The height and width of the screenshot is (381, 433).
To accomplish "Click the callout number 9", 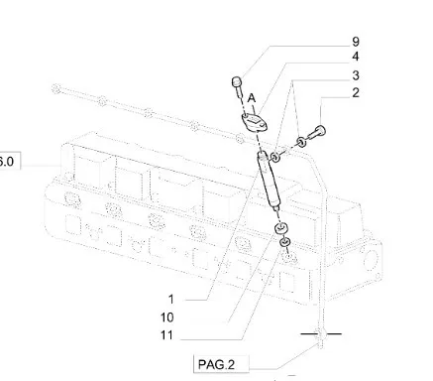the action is [356, 42].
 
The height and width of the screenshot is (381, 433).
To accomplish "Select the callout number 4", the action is [356, 57].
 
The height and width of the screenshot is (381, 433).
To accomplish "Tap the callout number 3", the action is [356, 75].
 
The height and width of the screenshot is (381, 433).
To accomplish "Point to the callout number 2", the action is [356, 93].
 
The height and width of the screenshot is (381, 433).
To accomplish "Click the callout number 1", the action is [170, 299].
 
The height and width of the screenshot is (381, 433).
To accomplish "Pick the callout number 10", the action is [166, 317].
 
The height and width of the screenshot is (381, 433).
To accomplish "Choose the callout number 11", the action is [166, 335].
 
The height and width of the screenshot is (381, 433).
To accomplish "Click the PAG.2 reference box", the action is [221, 364].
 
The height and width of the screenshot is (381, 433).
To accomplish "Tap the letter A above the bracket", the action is [252, 98].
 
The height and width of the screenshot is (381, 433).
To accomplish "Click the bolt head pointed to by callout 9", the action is [237, 81].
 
